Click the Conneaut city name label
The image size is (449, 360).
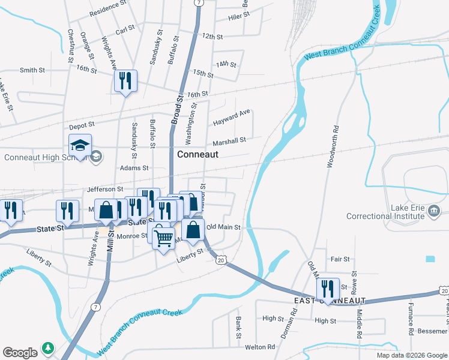(197, 154)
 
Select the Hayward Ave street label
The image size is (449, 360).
(231, 118)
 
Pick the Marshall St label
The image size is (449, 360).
(229, 141)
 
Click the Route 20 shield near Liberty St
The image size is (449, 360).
(221, 260)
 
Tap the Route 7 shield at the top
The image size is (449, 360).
(197, 3)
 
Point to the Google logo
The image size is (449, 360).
(20, 352)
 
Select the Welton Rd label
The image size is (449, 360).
(259, 347)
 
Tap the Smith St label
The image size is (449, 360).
(32, 70)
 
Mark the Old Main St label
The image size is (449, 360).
(223, 227)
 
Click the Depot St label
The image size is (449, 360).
(82, 126)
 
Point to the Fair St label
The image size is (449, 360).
(340, 259)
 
